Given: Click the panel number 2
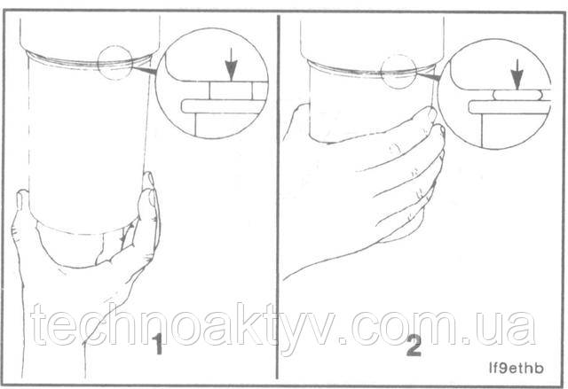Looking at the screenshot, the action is (414, 346).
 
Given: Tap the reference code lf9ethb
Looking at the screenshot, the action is (516, 368).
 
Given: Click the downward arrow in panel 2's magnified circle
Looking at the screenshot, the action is (517, 74).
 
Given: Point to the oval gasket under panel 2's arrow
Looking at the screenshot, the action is (517, 95).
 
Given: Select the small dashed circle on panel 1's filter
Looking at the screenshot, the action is (115, 63).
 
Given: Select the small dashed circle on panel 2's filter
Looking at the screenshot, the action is (398, 72).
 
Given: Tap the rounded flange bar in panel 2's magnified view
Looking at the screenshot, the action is (509, 107).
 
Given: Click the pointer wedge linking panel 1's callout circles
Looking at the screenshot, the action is (144, 71).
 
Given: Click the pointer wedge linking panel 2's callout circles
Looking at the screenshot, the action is (428, 75).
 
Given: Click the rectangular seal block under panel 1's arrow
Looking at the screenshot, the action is (231, 90).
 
